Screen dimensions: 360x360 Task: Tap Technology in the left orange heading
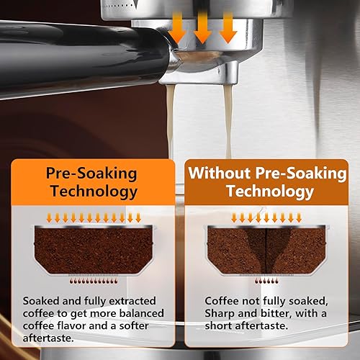tap(92, 192)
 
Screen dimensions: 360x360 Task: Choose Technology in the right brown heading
tap(269, 192)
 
